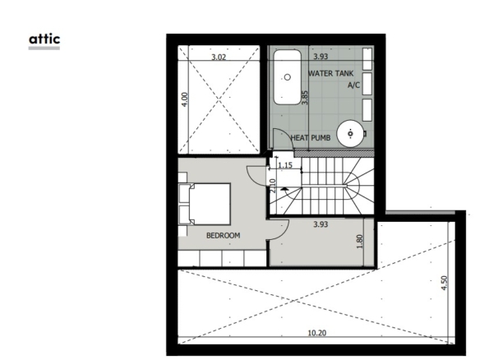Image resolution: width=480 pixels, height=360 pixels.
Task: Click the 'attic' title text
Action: pyautogui.click(x=44, y=39)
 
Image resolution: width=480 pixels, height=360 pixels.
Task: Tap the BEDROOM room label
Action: pyautogui.click(x=224, y=235)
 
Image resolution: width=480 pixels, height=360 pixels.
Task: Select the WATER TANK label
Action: pyautogui.click(x=330, y=73)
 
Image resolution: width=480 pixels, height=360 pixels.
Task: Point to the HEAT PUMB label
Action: pyautogui.click(x=311, y=138)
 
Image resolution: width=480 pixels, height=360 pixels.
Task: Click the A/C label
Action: pyautogui.click(x=353, y=85)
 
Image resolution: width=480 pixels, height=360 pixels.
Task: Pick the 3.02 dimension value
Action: pyautogui.click(x=219, y=57)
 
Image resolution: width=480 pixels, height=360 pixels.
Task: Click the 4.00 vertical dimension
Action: pyautogui.click(x=185, y=99)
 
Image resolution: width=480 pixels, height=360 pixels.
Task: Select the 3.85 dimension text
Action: pyautogui.click(x=305, y=98)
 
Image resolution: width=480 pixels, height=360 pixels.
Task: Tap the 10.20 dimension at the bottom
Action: pyautogui.click(x=316, y=333)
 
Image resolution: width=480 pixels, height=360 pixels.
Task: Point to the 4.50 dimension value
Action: pyautogui.click(x=444, y=284)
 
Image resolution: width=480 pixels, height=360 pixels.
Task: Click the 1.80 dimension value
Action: pyautogui.click(x=360, y=242)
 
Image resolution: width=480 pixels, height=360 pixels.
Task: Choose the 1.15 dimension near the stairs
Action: pyautogui.click(x=285, y=165)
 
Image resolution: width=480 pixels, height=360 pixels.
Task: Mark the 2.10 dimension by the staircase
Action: pyautogui.click(x=273, y=186)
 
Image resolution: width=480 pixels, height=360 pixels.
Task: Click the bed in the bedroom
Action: pyautogui.click(x=205, y=204)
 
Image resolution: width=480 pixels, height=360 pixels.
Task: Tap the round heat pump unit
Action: pyautogui.click(x=350, y=134)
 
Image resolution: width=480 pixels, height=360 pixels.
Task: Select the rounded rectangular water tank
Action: pyautogui.click(x=287, y=77)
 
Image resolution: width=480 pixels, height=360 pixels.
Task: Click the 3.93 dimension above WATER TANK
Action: pyautogui.click(x=321, y=57)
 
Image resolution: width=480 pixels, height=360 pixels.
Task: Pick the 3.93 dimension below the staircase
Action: pyautogui.click(x=321, y=224)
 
